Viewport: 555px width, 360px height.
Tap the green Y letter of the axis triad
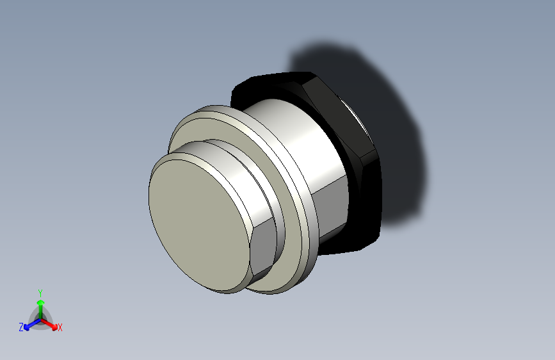click(x=40, y=291)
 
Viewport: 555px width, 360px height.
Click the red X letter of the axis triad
click(x=60, y=327)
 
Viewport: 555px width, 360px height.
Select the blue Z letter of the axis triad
click(x=21, y=327)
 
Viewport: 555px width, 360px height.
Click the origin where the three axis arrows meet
click(x=40, y=318)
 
